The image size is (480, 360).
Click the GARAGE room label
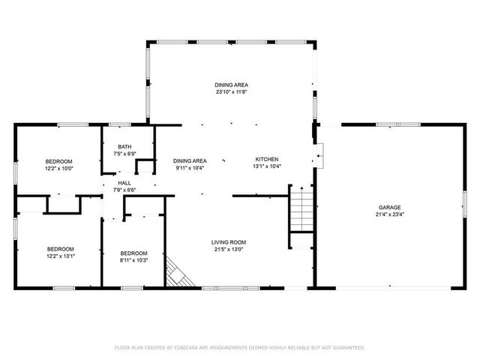389,207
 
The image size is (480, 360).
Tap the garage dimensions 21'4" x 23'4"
389,214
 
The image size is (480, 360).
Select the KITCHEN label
267,159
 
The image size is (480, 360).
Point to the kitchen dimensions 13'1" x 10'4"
267,166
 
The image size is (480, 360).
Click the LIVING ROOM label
229,241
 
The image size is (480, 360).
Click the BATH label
124,146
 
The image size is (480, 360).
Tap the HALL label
124,182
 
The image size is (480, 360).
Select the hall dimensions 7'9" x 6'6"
124,190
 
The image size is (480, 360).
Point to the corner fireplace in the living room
177,274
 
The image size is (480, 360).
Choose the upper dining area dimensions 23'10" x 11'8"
231,92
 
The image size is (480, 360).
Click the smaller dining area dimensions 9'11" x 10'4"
190,168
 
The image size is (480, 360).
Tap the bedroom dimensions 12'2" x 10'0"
59,169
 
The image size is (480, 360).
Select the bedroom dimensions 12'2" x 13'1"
61,256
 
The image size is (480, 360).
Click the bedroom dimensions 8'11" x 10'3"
134,260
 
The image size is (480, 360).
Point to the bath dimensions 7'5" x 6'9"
124,154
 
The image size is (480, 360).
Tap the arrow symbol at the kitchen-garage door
319,157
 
